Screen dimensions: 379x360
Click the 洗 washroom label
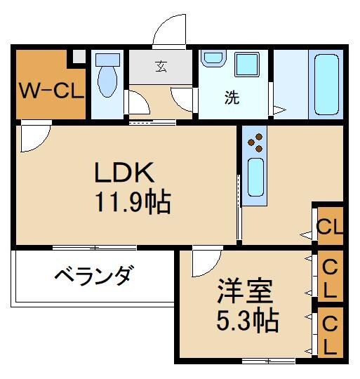pyautogui.click(x=232, y=98)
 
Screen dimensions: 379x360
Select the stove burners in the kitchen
pyautogui.click(x=256, y=142)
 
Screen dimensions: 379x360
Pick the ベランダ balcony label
pyautogui.click(x=92, y=275)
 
